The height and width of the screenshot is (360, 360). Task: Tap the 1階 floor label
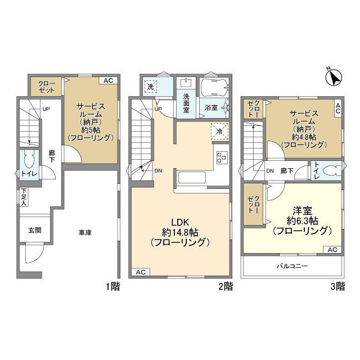tap(112, 286)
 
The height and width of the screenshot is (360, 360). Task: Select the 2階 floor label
tap(225, 286)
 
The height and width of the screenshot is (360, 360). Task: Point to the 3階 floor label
tap(337, 286)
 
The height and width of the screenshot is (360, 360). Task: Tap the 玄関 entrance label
tap(34, 231)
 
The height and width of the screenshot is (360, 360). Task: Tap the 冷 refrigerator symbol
tap(220, 130)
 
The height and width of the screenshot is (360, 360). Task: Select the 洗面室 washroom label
tap(186, 103)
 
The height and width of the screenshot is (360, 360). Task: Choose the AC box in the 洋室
tap(332, 249)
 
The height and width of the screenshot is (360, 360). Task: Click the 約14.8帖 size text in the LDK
tap(180, 232)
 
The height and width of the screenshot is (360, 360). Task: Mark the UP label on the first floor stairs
tap(45, 109)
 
